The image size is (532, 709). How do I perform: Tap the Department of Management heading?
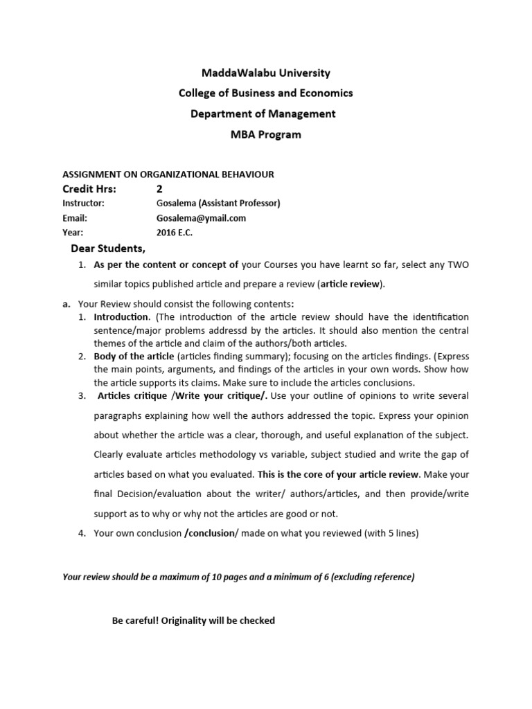pos(263,114)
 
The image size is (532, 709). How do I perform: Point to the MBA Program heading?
pos(266,134)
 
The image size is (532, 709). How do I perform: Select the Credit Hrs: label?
pos(90,189)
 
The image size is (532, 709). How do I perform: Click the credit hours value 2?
pos(160,189)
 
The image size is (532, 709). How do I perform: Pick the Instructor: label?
pos(84,204)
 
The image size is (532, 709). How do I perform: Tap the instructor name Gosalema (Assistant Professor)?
pos(219,204)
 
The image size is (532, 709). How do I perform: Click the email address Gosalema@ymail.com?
pos(202,218)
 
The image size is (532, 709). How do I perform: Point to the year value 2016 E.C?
pos(175,233)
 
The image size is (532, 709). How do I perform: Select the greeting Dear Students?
pos(108,249)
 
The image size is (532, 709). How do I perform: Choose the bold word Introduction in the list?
pos(121,316)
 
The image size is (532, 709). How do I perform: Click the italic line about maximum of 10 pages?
pos(239,577)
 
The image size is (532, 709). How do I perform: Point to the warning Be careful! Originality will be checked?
pos(193,620)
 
